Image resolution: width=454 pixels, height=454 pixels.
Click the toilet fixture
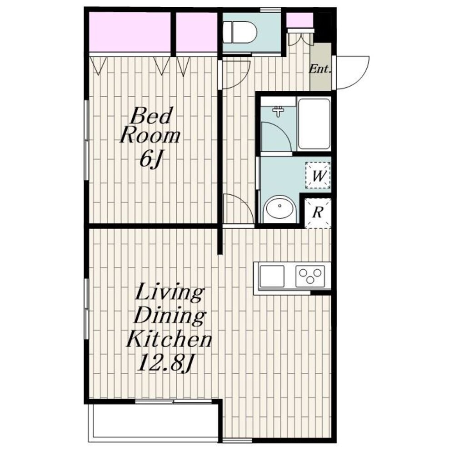pos(240,32)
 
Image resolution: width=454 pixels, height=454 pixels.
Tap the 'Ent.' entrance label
pos(320,69)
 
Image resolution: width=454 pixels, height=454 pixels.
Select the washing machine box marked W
pos(318,175)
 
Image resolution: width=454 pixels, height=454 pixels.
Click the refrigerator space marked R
pos(318,213)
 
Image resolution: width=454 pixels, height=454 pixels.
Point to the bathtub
pos(314,124)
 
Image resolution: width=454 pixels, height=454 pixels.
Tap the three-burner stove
pos(310,276)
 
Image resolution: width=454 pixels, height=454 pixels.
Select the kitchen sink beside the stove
pos(272,276)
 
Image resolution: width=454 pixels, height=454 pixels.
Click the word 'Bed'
pos(151,116)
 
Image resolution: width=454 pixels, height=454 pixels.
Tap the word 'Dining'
pos(170,316)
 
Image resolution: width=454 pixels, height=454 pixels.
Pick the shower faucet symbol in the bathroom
pos(278,112)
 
